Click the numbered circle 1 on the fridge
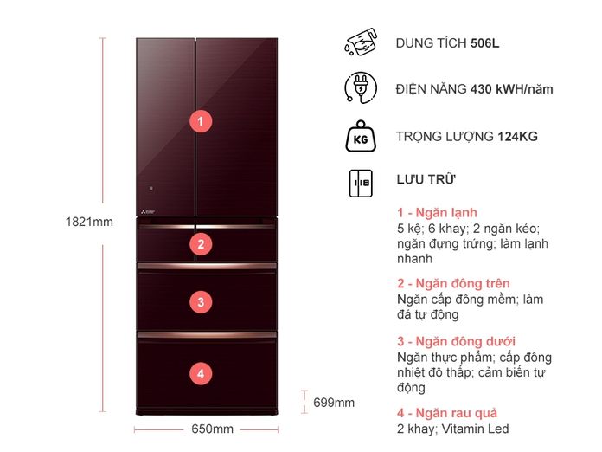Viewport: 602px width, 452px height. point(200,121)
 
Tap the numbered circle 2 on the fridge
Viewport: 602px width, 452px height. point(200,244)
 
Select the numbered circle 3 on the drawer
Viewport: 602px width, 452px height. point(200,302)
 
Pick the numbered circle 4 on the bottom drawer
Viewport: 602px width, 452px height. point(200,374)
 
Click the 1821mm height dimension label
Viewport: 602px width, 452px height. point(89,222)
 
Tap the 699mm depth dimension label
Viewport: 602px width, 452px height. point(334,402)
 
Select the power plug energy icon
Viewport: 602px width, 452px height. point(360,88)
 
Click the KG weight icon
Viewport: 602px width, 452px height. point(360,137)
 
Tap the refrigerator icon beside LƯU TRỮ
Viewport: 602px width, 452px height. point(360,182)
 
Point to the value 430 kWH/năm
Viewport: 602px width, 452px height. point(511,88)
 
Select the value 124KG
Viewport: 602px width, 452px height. point(517,137)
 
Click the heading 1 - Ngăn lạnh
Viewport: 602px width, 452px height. point(436,213)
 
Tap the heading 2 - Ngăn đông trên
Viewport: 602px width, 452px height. point(452,283)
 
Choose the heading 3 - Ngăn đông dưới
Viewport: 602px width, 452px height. point(456,341)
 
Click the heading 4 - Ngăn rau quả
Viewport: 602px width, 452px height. point(446,413)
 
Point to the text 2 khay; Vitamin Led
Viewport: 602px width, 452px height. point(452,429)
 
